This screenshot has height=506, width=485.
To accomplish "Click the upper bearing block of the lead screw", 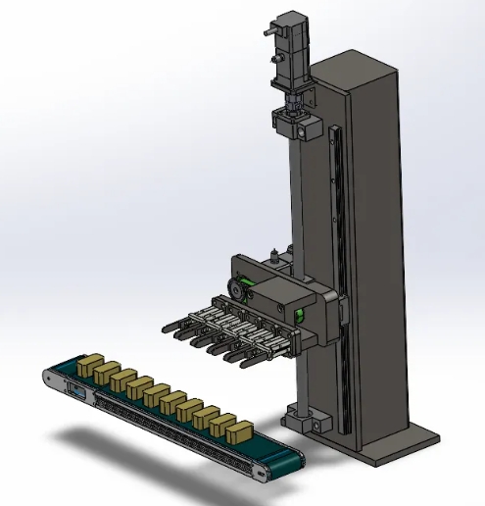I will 296,125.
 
